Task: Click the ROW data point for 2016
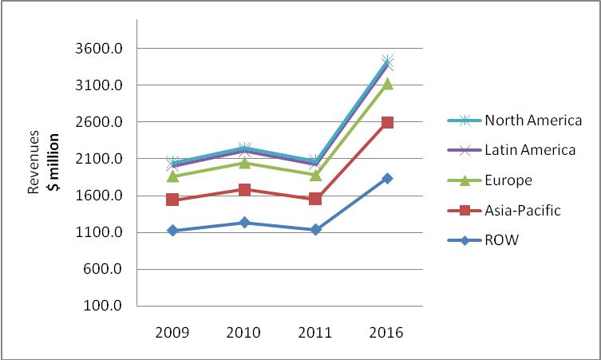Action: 387,178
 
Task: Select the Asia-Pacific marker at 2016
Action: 387,122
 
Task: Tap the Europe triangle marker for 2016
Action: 387,83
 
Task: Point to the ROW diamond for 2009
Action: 172,231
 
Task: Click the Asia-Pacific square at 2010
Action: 244,189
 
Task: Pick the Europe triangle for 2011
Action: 315,175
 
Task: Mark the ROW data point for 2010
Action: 244,223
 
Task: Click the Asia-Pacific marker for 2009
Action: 172,200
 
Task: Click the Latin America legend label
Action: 530,150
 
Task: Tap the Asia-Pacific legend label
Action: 523,210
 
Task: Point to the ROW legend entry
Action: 502,239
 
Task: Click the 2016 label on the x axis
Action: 387,332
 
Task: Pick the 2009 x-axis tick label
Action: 172,332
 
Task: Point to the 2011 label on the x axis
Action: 315,332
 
